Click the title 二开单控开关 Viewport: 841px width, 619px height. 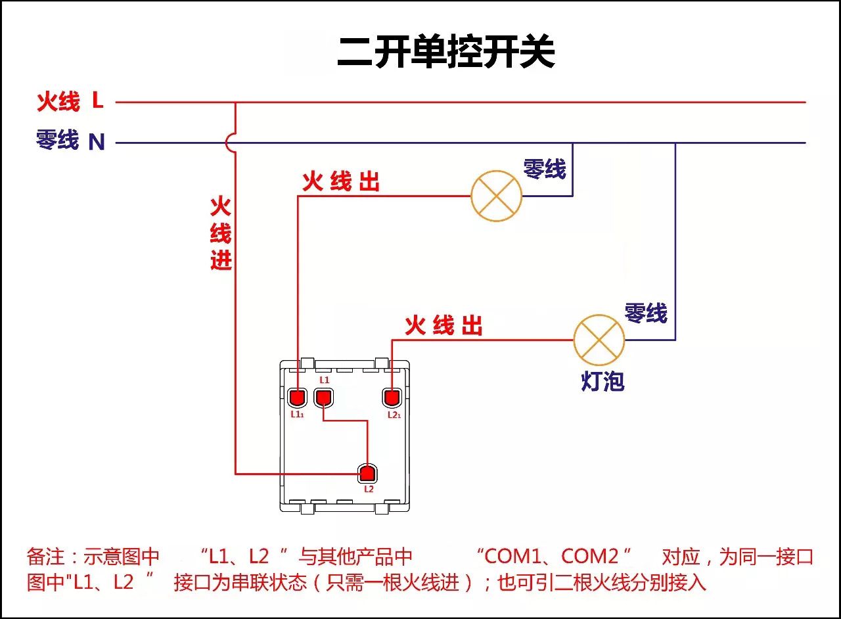click(446, 53)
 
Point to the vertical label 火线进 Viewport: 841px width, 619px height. click(221, 233)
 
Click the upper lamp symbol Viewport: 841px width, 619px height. click(496, 196)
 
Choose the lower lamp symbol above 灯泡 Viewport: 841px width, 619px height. click(599, 340)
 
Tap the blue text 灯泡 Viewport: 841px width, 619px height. click(602, 380)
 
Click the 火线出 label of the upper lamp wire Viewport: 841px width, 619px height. click(341, 181)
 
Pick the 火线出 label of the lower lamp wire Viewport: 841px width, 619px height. click(443, 325)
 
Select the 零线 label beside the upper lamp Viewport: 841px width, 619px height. click(544, 169)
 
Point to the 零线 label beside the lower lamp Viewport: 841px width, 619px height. click(645, 313)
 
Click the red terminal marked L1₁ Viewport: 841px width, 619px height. click(298, 398)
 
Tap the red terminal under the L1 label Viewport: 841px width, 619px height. click(324, 397)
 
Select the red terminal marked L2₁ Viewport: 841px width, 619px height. click(392, 398)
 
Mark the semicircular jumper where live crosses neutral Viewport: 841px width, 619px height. click(229, 142)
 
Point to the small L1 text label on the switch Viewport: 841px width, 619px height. click(325, 380)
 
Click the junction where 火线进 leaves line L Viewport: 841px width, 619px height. click(235, 103)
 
